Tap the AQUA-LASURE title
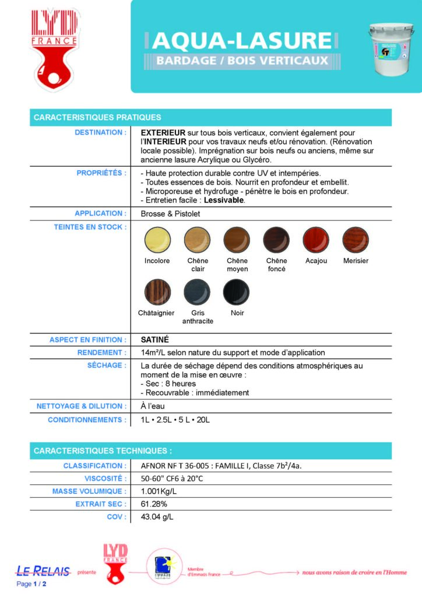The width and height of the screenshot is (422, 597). coord(241,40)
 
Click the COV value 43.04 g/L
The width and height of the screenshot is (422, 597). coord(157,517)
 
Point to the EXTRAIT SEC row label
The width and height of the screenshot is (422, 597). coord(100,504)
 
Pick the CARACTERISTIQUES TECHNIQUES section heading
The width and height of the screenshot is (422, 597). coord(103,451)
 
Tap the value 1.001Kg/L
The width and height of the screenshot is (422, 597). coord(160,491)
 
